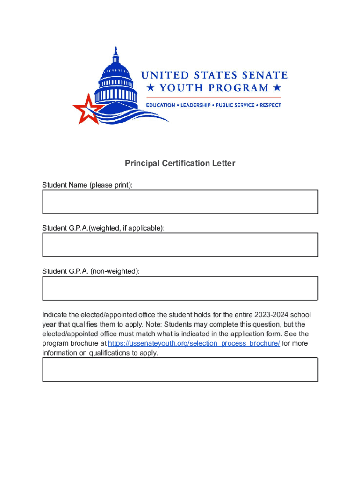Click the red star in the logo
point(86,109)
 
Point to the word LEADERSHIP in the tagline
point(195,105)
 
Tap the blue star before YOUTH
point(150,87)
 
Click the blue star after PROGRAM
point(277,87)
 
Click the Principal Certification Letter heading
point(180,163)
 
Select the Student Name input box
point(180,202)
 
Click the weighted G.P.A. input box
point(180,245)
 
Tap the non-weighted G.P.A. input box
point(180,288)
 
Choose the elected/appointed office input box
point(180,370)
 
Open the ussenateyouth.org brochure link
point(194,343)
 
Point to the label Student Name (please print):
point(87,185)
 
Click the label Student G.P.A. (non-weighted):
point(91,271)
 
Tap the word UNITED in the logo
point(159,75)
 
